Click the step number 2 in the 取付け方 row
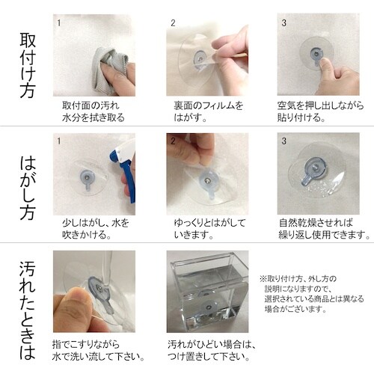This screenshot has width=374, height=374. tap(173, 23)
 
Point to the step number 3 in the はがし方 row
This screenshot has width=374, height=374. tap(283, 140)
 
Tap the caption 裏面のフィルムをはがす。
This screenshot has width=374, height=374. tap(206, 111)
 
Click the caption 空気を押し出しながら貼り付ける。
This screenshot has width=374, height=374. tap(319, 111)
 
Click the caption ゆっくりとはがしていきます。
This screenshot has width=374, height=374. tap(206, 228)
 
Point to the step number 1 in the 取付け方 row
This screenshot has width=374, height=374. tap(58, 23)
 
